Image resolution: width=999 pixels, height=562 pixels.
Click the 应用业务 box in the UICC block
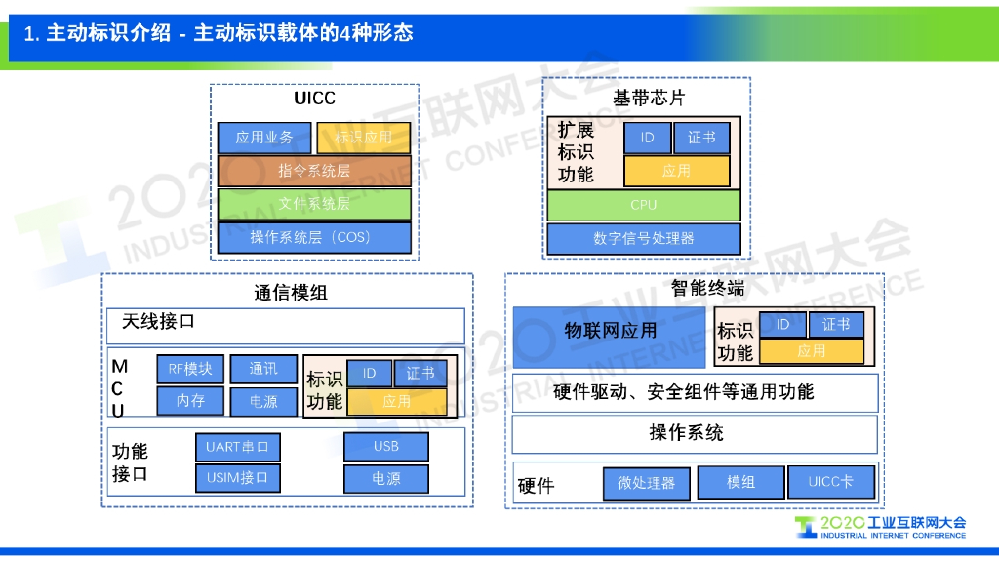tap(264, 138)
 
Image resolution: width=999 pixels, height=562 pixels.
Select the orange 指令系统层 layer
tap(314, 171)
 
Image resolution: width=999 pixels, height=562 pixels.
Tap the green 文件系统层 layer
tap(314, 204)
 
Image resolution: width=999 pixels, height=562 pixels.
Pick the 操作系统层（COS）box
tap(314, 237)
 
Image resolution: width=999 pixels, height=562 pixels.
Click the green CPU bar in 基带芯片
tap(643, 205)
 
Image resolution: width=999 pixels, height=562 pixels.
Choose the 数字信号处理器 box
tap(643, 238)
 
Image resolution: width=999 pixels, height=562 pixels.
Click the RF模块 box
tap(190, 369)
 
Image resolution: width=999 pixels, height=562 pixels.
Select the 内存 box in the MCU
tap(190, 401)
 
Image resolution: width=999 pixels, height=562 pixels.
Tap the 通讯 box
tap(263, 369)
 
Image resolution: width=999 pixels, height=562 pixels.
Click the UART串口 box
tap(237, 447)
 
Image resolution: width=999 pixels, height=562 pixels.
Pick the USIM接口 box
tap(237, 478)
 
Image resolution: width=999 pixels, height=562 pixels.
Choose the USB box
tap(385, 447)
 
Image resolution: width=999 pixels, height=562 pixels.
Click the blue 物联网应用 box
tap(611, 332)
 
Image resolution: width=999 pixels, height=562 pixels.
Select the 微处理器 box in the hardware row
tap(647, 483)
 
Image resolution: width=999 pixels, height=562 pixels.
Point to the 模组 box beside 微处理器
tap(741, 482)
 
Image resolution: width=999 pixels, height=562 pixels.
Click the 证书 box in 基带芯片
tap(701, 138)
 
